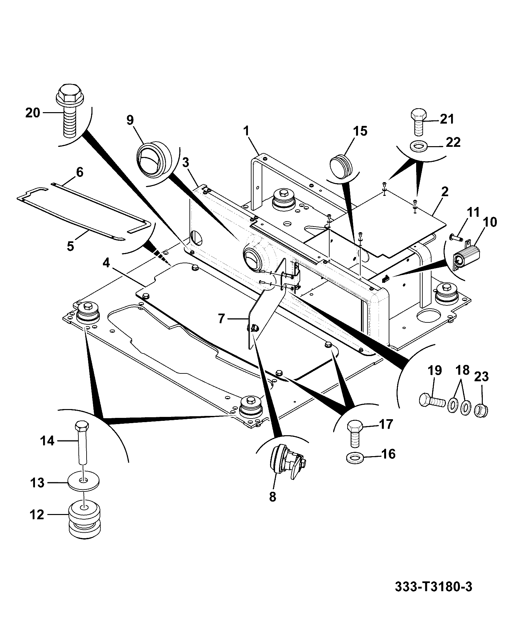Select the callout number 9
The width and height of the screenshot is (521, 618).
[x=130, y=120]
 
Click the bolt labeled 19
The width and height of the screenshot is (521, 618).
[x=431, y=401]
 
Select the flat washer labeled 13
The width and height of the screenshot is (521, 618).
[x=84, y=482]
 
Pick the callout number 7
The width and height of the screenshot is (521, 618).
[x=221, y=318]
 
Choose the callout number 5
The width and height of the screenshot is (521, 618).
[x=70, y=246]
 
